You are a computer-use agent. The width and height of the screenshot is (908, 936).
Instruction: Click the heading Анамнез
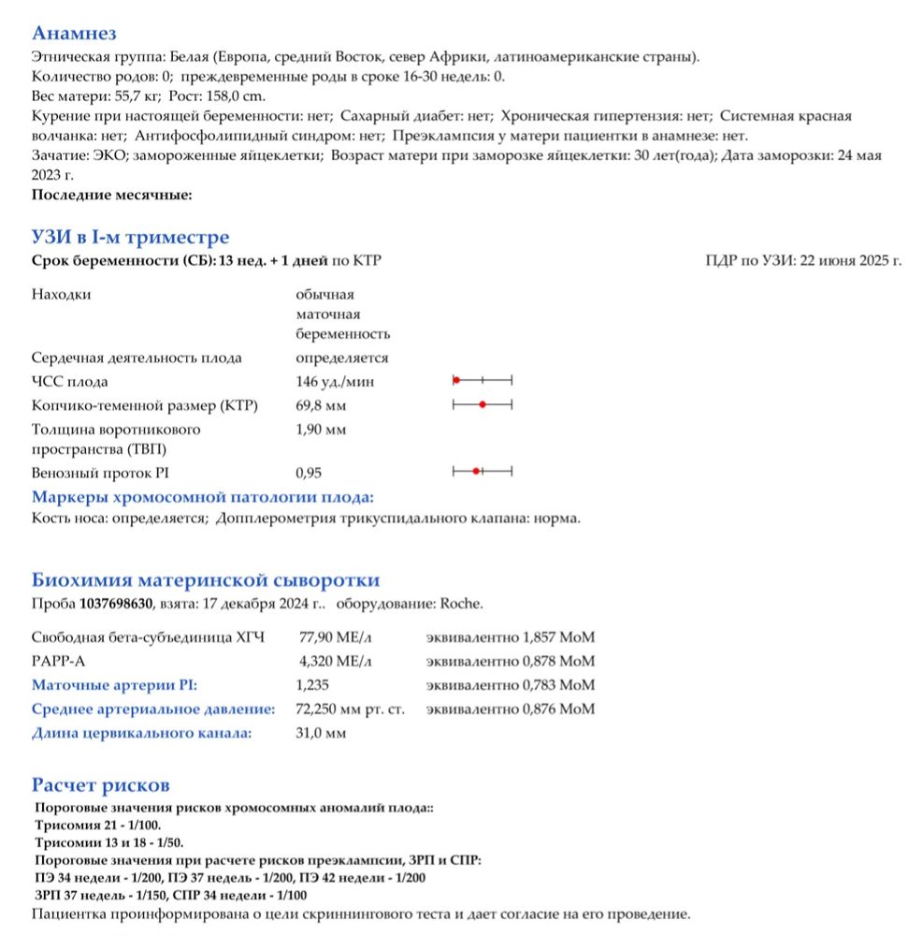(74, 35)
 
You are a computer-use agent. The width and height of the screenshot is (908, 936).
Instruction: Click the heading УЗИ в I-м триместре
(130, 238)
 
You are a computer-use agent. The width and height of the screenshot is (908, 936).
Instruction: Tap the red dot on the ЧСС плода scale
(455, 381)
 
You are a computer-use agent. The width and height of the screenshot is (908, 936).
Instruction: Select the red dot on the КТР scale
(482, 405)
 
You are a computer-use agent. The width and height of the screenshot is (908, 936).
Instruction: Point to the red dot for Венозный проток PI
(476, 471)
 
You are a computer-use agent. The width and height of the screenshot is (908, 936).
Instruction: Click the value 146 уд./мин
(336, 382)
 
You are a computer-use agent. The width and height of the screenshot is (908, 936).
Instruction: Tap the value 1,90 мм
(321, 430)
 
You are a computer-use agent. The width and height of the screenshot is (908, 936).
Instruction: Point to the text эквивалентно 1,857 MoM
(510, 637)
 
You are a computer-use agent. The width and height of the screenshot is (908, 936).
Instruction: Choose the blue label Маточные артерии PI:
(115, 685)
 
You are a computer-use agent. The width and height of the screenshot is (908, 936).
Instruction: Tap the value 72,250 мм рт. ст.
(350, 709)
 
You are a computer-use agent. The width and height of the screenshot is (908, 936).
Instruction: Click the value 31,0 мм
(321, 733)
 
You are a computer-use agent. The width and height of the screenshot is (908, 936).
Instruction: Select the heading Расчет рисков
(101, 784)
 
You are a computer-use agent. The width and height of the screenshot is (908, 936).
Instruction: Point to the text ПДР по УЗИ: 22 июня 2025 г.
(803, 260)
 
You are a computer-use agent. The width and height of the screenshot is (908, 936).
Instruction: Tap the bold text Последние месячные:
(111, 195)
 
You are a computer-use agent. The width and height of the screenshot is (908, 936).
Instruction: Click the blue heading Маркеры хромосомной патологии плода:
(203, 497)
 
